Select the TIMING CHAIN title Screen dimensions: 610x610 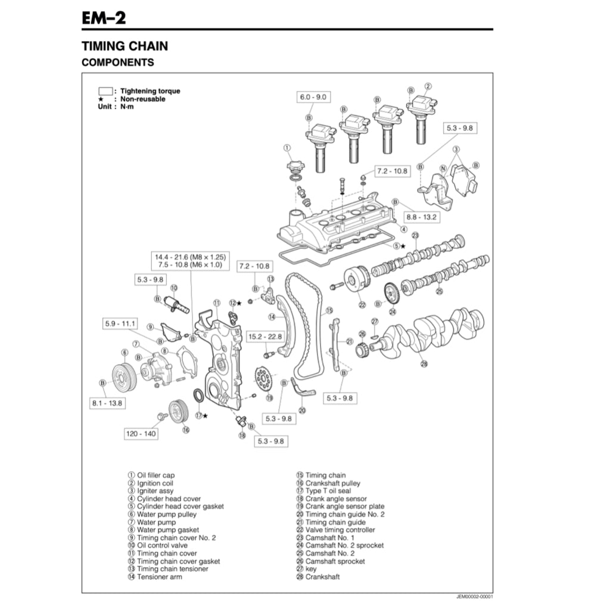(125, 46)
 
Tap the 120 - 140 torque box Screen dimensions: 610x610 (141, 434)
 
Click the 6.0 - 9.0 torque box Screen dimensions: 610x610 (313, 97)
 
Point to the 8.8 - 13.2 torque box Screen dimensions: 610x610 (422, 217)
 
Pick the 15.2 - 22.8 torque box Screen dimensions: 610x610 (265, 337)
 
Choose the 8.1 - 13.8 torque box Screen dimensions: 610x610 (107, 403)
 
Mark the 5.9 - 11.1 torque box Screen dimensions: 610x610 (120, 324)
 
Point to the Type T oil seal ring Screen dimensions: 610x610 (198, 396)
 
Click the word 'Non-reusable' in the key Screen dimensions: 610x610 (143, 99)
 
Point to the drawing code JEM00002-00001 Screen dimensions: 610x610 (474, 596)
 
